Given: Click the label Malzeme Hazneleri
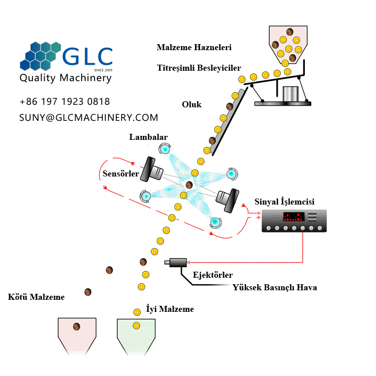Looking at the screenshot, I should tap(194, 48).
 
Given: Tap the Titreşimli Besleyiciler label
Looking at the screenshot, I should tap(199, 68).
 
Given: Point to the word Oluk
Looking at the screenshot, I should tap(192, 104).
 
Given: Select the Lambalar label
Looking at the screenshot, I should tap(148, 137).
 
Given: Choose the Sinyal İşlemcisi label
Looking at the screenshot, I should tap(284, 202).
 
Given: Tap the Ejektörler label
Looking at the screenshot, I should tap(213, 275).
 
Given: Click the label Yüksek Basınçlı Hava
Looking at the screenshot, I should tap(274, 287).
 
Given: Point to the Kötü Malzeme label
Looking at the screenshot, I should tap(37, 297).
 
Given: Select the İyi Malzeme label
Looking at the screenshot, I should tap(169, 309).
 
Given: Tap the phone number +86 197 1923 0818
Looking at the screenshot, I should tap(65, 102).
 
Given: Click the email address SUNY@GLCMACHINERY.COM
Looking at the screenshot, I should tap(89, 117).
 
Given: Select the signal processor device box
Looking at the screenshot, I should tap(294, 221).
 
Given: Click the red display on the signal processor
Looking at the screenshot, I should tap(293, 217).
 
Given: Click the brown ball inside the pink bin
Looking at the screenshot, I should tap(77, 327).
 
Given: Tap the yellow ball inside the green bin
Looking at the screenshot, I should tap(136, 326).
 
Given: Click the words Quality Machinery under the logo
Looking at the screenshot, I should tap(65, 78).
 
